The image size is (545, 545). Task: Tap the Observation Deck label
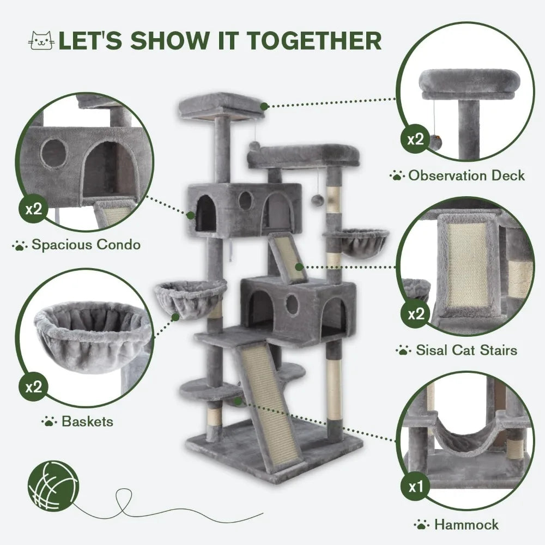pyautogui.click(x=467, y=175)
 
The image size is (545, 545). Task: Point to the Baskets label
pyautogui.click(x=87, y=421)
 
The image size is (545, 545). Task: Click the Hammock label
pyautogui.click(x=466, y=525)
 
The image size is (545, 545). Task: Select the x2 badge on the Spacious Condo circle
pyautogui.click(x=33, y=210)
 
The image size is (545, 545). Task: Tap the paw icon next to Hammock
pyautogui.click(x=421, y=525)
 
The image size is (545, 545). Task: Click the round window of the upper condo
pyautogui.click(x=246, y=201)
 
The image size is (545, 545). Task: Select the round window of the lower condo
pyautogui.click(x=293, y=304)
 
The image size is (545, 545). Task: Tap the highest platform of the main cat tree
pyautogui.click(x=221, y=105)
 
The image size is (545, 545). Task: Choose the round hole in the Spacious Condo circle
pyautogui.click(x=55, y=153)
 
